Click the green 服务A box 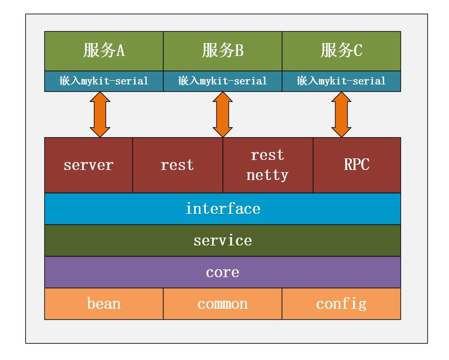[x=104, y=51]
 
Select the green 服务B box [x=223, y=51]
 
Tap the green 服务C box [x=341, y=51]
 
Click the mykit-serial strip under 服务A [x=104, y=81]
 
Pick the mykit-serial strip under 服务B [x=223, y=81]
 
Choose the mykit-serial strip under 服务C [x=341, y=81]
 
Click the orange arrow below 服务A [x=100, y=115]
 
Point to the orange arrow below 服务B [x=223, y=115]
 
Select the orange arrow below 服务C [x=341, y=115]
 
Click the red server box [x=89, y=165]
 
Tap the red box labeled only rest [x=178, y=165]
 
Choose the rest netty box [x=268, y=165]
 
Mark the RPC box [x=357, y=165]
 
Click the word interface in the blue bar [x=223, y=209]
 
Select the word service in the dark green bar [x=223, y=240]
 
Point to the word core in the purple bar [x=223, y=272]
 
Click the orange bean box [x=104, y=304]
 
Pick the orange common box [x=223, y=304]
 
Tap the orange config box [x=341, y=304]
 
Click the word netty [x=268, y=175]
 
